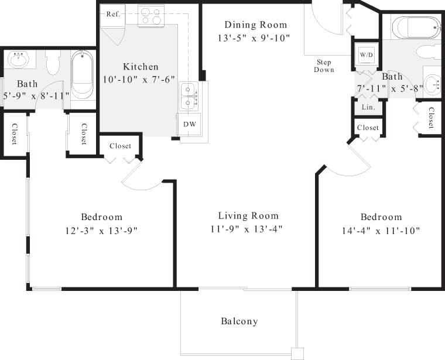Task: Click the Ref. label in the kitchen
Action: tap(113, 14)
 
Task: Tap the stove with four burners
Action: tap(150, 16)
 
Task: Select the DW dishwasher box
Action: tap(190, 124)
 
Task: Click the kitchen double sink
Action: tap(189, 95)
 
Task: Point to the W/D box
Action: tap(367, 55)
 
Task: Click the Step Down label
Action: tap(324, 66)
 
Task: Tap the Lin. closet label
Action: tap(368, 107)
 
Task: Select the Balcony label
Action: tap(239, 321)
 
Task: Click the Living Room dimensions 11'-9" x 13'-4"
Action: tap(248, 229)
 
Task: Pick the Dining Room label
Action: tap(256, 25)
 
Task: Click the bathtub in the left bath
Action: tap(83, 74)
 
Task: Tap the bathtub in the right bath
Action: tap(416, 28)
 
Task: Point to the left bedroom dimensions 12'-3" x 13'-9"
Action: tap(101, 231)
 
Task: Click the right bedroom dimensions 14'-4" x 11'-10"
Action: tap(381, 231)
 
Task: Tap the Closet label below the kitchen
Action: tap(121, 146)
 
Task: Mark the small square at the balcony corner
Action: tap(297, 354)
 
